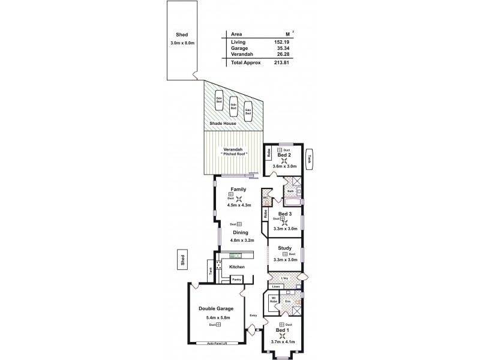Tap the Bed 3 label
click(285, 214)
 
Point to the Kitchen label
click(237, 266)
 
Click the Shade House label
click(223, 124)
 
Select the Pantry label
click(236, 279)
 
